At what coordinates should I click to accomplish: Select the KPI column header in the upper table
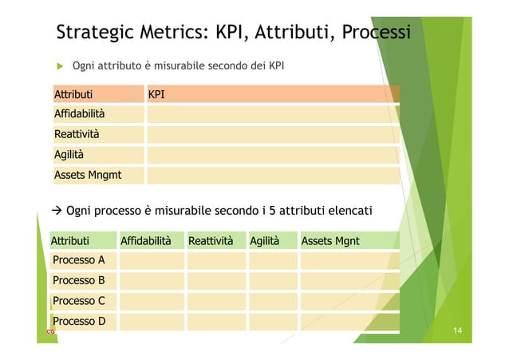tap(156, 95)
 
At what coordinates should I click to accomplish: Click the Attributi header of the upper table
tap(73, 95)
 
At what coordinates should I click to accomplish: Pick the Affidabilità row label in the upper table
tap(79, 115)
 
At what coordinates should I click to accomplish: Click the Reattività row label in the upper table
tap(77, 135)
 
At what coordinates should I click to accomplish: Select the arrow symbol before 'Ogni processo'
tap(57, 211)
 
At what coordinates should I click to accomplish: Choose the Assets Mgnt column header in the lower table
tap(329, 239)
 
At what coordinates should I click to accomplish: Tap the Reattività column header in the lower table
tap(211, 239)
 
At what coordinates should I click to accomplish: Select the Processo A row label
tap(78, 260)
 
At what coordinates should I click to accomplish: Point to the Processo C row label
tap(78, 301)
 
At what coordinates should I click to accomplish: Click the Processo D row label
tap(78, 322)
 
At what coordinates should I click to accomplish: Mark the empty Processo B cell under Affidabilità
tap(149, 281)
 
